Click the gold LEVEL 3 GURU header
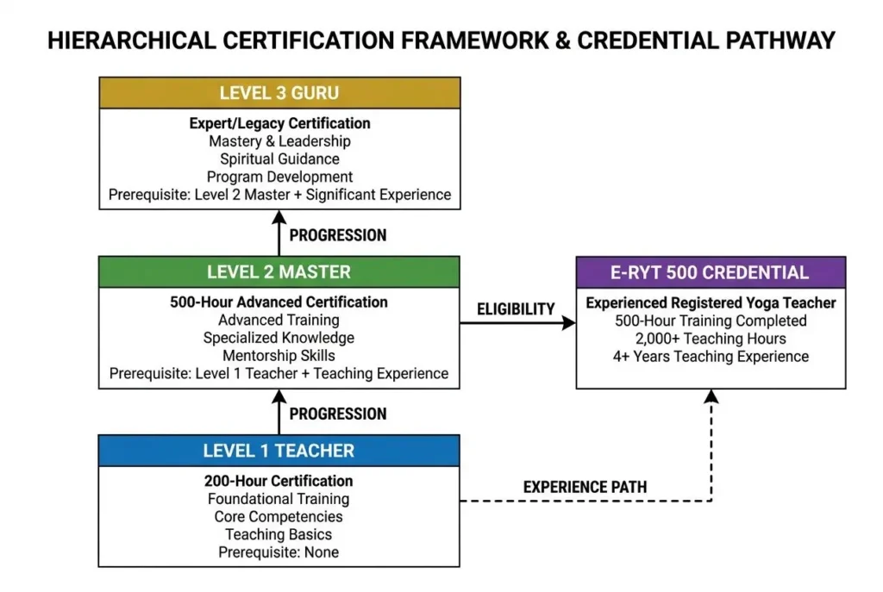click(279, 93)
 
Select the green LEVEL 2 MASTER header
click(279, 272)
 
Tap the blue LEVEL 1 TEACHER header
click(279, 451)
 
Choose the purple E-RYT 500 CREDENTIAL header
click(711, 272)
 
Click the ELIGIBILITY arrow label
click(516, 308)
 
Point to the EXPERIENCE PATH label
click(585, 487)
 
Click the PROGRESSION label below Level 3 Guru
click(338, 235)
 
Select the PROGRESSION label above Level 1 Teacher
click(338, 414)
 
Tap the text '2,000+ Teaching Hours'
click(711, 339)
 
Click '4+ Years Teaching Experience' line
click(711, 357)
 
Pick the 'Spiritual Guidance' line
click(279, 159)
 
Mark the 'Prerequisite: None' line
click(279, 552)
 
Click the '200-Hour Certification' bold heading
click(279, 481)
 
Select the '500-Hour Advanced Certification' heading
click(279, 302)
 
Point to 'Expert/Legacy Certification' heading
click(279, 123)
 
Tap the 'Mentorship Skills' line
click(279, 356)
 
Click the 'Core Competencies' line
click(279, 517)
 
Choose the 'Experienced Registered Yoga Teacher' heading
click(711, 303)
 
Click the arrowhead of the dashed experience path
click(711, 396)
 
